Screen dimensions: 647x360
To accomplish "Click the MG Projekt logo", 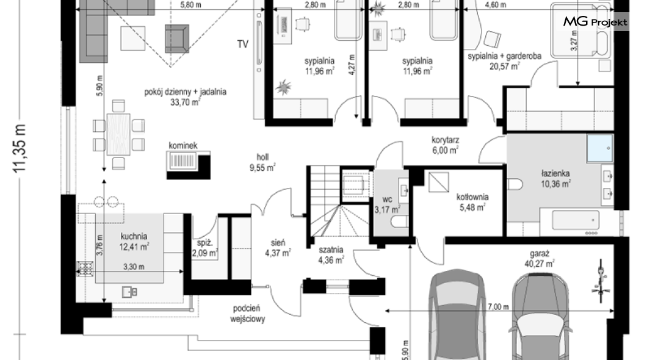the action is coord(595,21).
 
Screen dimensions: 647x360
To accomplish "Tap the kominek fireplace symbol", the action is coord(189,165).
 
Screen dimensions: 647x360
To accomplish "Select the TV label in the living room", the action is coord(243,44).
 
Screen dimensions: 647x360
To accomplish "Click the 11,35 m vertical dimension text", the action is coord(20,148).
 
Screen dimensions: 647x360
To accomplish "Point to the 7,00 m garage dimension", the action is coord(498,307).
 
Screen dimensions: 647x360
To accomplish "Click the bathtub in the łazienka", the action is coord(575,221).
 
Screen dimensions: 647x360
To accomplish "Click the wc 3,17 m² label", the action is coord(387,204).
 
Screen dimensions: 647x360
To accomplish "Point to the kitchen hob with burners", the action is coord(85,268).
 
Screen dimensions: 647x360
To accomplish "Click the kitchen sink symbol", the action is coord(129,292).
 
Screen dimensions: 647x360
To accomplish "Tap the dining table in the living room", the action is coord(118,134).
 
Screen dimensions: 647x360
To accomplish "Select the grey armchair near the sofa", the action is coord(177,38).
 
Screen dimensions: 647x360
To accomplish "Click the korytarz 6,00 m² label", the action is coord(445,145).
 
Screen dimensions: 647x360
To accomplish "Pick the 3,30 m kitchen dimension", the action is coord(134,267).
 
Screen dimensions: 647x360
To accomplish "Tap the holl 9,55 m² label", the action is coord(262,162).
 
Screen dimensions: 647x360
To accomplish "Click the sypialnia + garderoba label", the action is coord(504,56).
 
